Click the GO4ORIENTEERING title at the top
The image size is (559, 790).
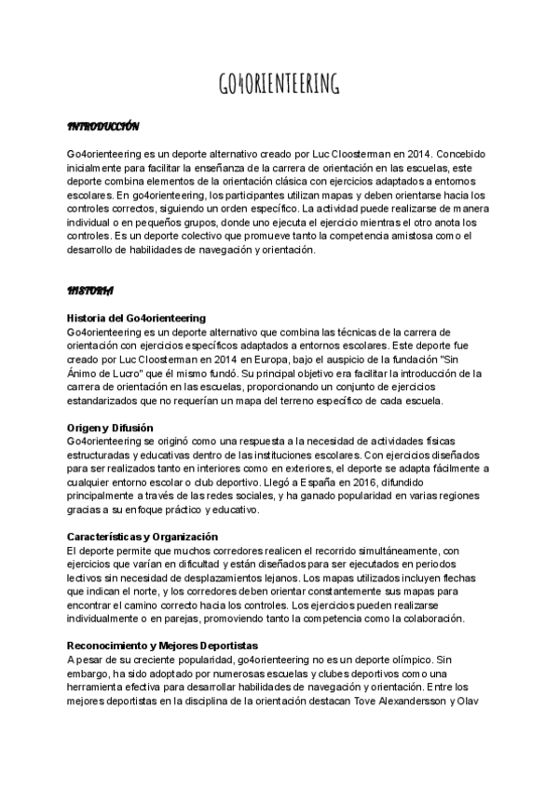pyautogui.click(x=279, y=86)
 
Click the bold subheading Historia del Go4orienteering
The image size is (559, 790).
pyautogui.click(x=137, y=319)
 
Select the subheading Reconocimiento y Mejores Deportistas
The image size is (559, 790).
pyautogui.click(x=162, y=646)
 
